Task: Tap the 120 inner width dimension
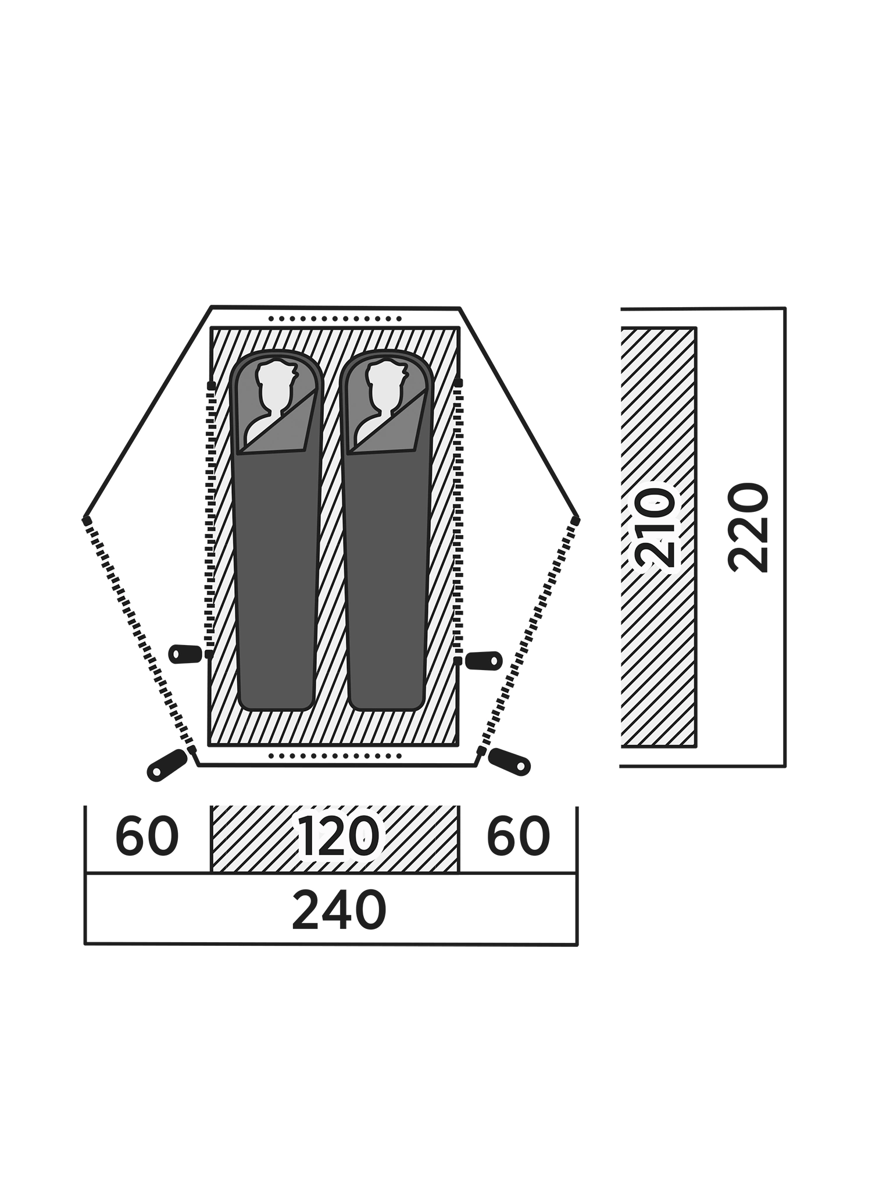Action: (x=338, y=836)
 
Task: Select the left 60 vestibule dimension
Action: (x=146, y=836)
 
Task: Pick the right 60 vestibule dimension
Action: (x=518, y=836)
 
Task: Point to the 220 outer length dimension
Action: (x=749, y=528)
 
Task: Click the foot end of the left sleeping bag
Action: (x=276, y=698)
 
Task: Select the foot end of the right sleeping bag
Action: (x=387, y=698)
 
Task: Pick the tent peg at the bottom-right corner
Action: (x=509, y=762)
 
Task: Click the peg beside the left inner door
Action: (x=185, y=654)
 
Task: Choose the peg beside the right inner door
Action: (x=484, y=661)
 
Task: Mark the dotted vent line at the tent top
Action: (x=335, y=319)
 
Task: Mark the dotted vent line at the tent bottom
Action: (x=335, y=756)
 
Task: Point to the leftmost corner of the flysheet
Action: (x=85, y=518)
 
